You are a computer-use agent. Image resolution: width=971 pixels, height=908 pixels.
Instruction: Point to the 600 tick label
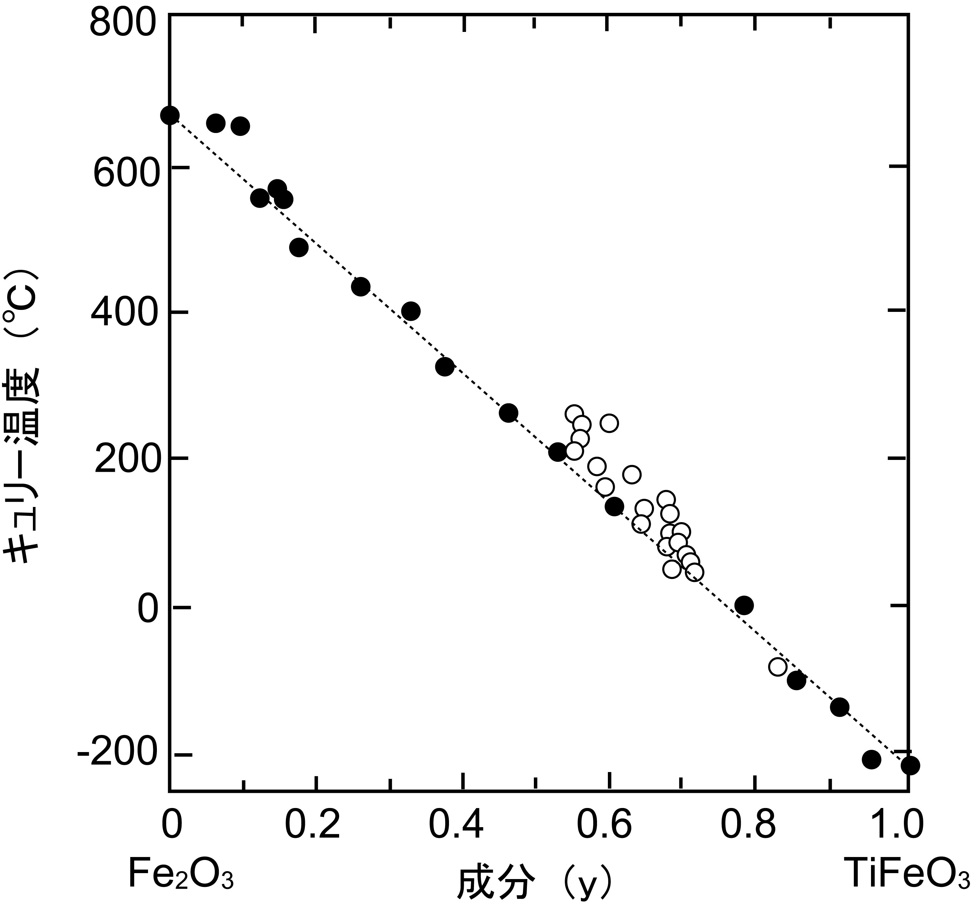126,174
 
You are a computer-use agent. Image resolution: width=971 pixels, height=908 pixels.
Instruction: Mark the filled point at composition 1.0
910,765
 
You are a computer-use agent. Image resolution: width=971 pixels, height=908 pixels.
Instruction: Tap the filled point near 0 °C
744,606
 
